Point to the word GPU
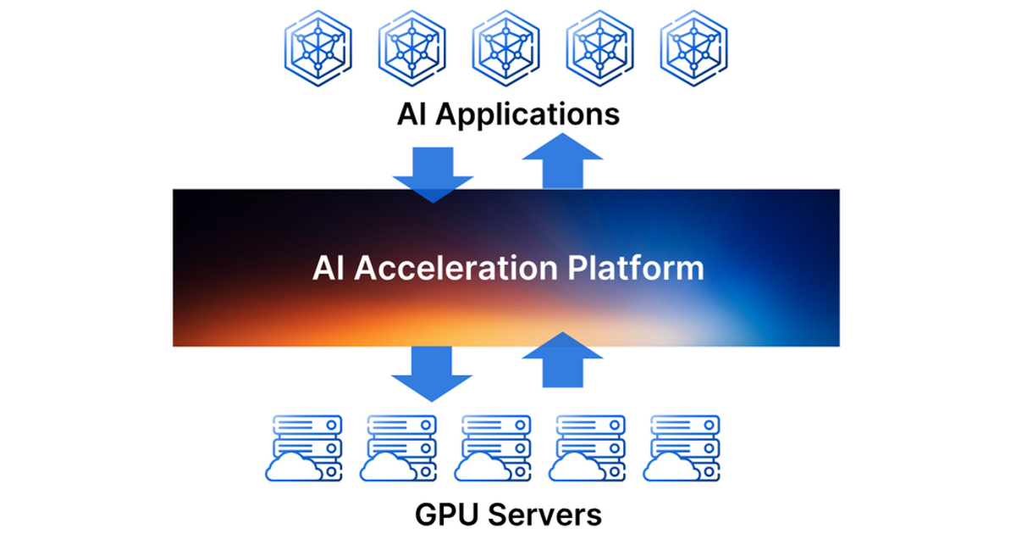446,515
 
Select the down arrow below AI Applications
433,174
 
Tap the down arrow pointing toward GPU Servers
433,373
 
